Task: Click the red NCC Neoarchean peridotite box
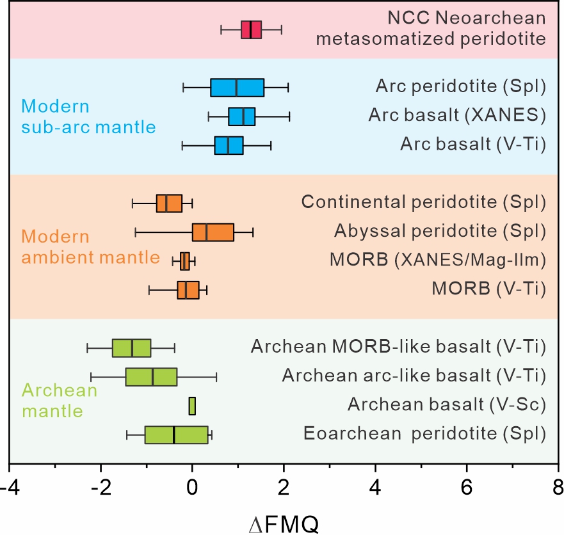click(x=251, y=29)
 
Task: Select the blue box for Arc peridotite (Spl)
click(x=237, y=88)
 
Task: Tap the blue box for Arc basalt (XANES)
click(x=241, y=116)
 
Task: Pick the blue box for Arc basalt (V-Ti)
click(x=229, y=145)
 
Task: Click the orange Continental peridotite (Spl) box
click(x=169, y=203)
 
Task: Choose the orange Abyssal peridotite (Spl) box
click(x=213, y=232)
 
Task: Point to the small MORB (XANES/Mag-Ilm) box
click(x=185, y=261)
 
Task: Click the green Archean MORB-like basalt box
click(x=131, y=347)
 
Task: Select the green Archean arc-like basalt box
click(x=151, y=377)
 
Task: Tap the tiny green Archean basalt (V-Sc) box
click(x=192, y=406)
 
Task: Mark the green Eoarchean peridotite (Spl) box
click(x=177, y=435)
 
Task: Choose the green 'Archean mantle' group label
click(x=59, y=398)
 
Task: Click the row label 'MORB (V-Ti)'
click(x=488, y=289)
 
